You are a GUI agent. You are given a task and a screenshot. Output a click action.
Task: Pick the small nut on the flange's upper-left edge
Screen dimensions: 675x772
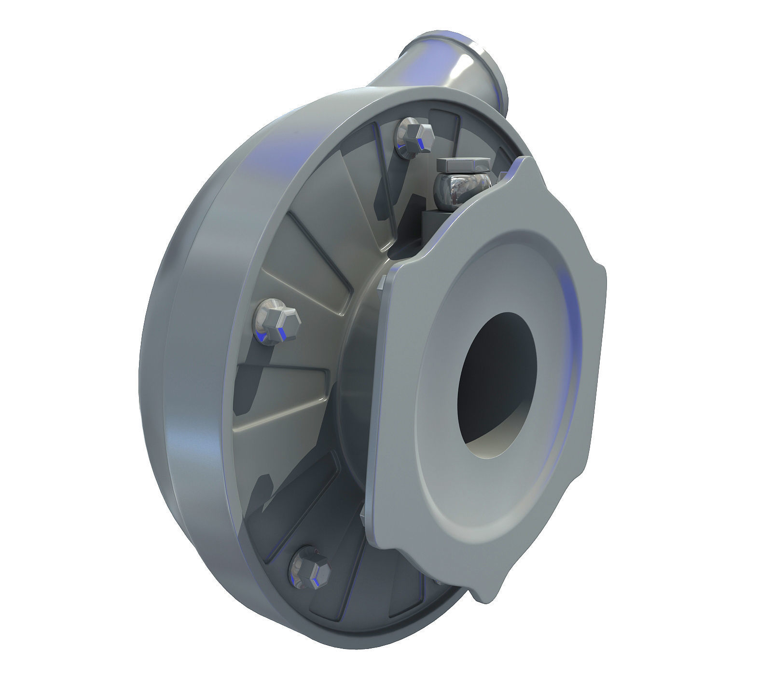point(381,284)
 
